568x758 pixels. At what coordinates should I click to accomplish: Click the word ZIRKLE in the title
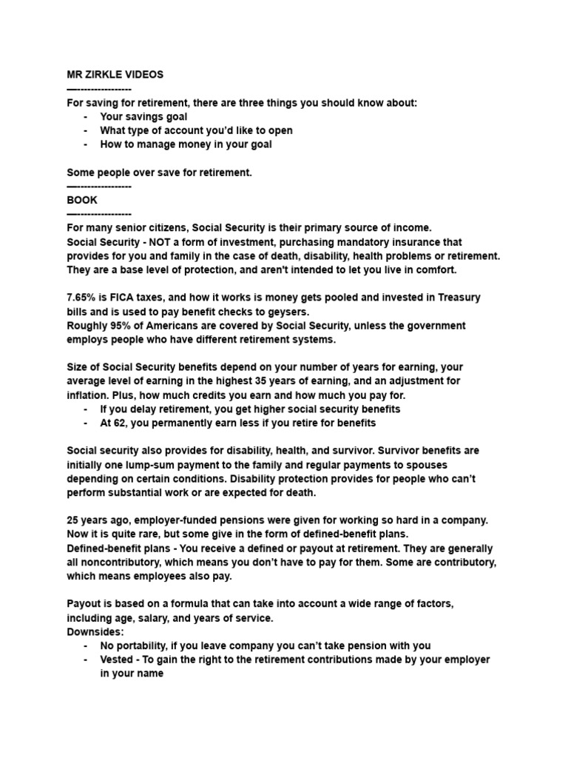(106, 75)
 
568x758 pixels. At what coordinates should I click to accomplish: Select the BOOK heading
(81, 200)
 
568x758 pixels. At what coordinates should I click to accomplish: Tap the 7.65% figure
(83, 297)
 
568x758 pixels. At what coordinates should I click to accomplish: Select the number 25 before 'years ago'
(74, 521)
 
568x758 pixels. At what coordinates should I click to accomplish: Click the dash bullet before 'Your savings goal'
(87, 116)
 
